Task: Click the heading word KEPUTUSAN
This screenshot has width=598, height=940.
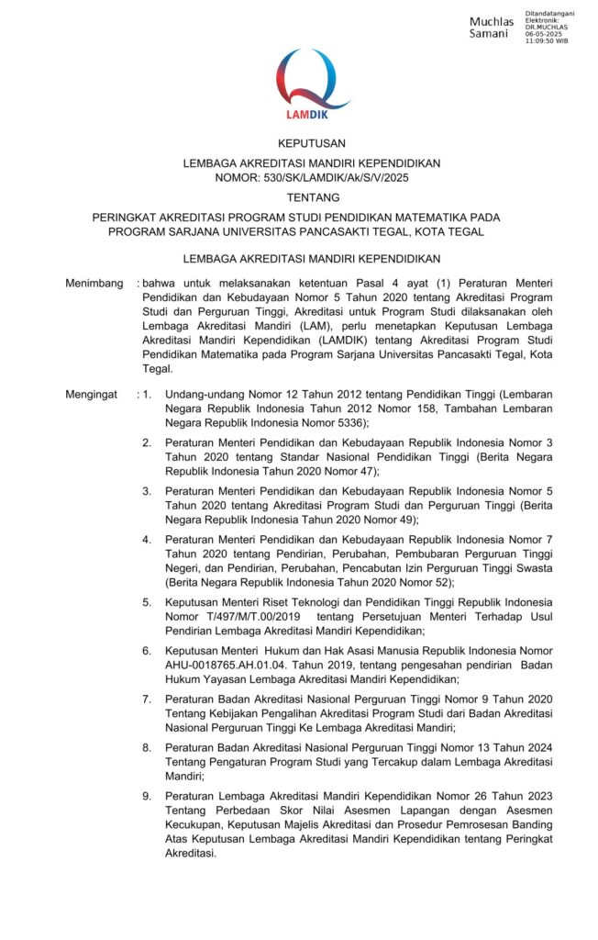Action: [x=312, y=142]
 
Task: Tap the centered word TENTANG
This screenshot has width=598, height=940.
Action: [x=312, y=197]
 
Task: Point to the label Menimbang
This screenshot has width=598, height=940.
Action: [x=94, y=284]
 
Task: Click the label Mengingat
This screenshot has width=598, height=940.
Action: [x=92, y=394]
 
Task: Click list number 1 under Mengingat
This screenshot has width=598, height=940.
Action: [x=146, y=394]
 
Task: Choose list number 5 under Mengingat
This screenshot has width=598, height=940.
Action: [x=146, y=602]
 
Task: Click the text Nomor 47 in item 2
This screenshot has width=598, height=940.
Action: [x=353, y=471]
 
